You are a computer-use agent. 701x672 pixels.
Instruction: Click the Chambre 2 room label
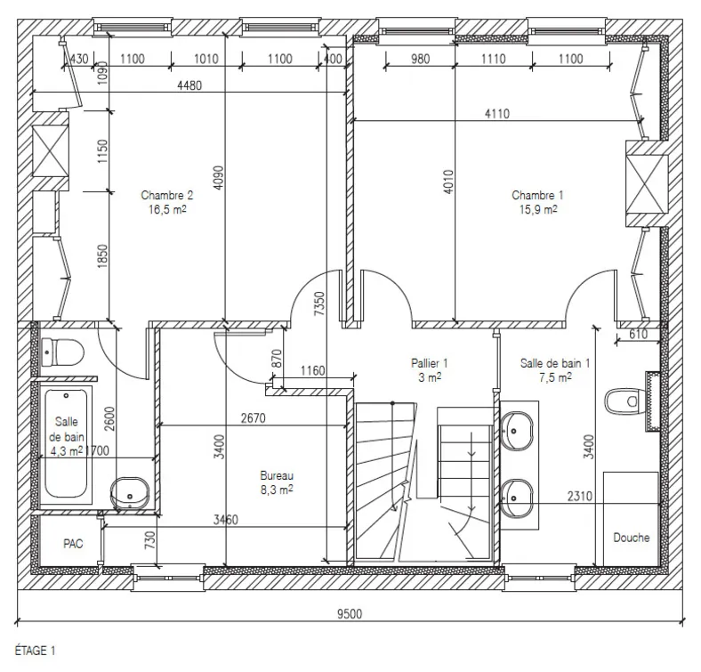point(167,196)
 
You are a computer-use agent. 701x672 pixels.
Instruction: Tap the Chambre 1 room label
point(537,196)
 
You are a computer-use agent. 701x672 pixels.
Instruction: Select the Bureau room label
point(277,475)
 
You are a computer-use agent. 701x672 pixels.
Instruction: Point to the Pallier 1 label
point(429,363)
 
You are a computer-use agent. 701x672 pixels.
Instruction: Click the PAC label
point(73,544)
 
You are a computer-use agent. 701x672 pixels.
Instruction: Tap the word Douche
point(632,538)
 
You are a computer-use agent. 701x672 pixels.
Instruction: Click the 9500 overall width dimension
point(350,614)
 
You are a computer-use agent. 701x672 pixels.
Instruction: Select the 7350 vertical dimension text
point(319,304)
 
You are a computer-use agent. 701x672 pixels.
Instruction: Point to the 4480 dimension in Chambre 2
point(189,85)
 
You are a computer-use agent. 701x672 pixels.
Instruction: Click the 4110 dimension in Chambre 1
point(497,114)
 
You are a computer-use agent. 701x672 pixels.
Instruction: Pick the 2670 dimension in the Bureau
point(253,418)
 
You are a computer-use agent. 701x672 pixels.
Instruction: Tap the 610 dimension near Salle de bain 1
point(638,334)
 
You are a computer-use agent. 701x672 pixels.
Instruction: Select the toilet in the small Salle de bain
point(62,352)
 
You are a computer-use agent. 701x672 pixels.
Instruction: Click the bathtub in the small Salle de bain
point(66,444)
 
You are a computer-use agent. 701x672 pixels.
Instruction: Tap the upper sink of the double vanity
point(517,431)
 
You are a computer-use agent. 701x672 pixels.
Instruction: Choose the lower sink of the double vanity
point(517,498)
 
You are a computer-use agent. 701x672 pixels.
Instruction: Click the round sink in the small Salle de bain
point(129,493)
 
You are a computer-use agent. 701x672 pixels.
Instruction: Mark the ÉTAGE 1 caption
point(35,651)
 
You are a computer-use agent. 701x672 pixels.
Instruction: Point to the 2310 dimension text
point(580,496)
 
